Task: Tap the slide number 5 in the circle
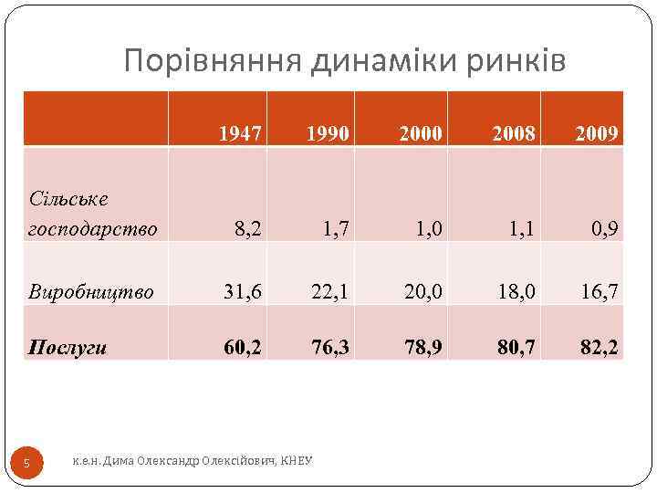[x=26, y=464]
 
